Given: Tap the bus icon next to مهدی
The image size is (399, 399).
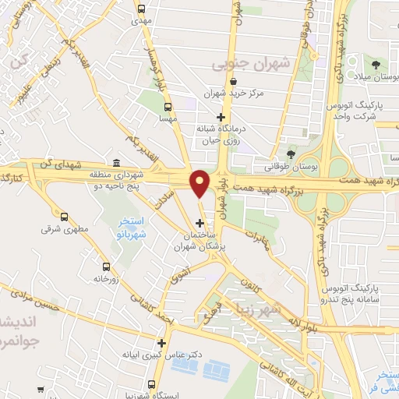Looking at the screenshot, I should point(141,10).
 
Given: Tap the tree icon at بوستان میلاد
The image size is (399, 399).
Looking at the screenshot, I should point(376,65).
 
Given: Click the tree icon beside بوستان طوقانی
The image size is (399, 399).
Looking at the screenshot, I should point(291,154).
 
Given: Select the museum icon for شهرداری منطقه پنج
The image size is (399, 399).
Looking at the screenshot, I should point(116,163).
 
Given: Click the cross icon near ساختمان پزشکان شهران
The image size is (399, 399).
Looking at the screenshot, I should point(200,224).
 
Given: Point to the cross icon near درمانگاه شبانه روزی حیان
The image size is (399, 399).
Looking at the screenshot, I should point(221,118).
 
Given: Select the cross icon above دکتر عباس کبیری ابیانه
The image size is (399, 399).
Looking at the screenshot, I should point(161,342).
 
